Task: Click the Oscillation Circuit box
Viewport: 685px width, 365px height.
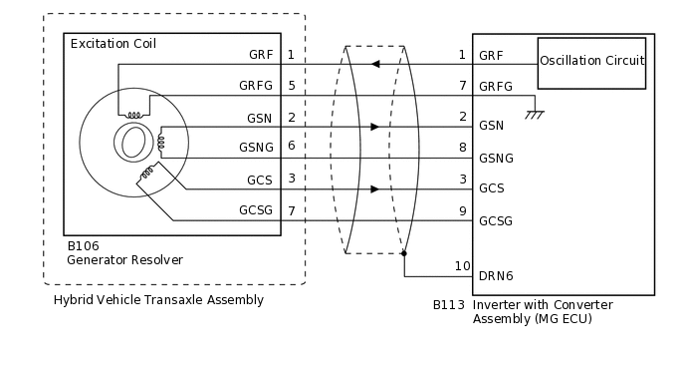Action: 591,61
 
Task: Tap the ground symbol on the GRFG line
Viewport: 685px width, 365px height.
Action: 535,113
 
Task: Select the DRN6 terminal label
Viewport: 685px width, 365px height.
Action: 496,275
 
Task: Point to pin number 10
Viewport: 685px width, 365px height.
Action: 461,266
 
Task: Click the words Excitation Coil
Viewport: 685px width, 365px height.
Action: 113,44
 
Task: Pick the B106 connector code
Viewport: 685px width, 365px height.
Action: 83,245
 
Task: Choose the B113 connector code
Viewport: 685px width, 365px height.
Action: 449,305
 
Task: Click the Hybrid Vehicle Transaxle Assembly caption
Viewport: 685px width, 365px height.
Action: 158,299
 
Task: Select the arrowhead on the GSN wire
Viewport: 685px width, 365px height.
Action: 373,127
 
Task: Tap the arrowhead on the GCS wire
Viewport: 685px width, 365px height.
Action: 373,188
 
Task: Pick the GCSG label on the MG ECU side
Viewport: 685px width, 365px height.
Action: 496,220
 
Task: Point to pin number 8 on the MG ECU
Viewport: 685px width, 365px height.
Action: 462,147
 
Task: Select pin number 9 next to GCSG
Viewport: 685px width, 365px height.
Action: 462,210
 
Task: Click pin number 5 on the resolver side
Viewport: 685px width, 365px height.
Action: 291,86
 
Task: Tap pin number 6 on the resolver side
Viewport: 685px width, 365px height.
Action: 291,146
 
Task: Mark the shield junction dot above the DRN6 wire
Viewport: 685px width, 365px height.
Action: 404,253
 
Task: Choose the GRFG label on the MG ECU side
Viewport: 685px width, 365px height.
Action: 496,87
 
